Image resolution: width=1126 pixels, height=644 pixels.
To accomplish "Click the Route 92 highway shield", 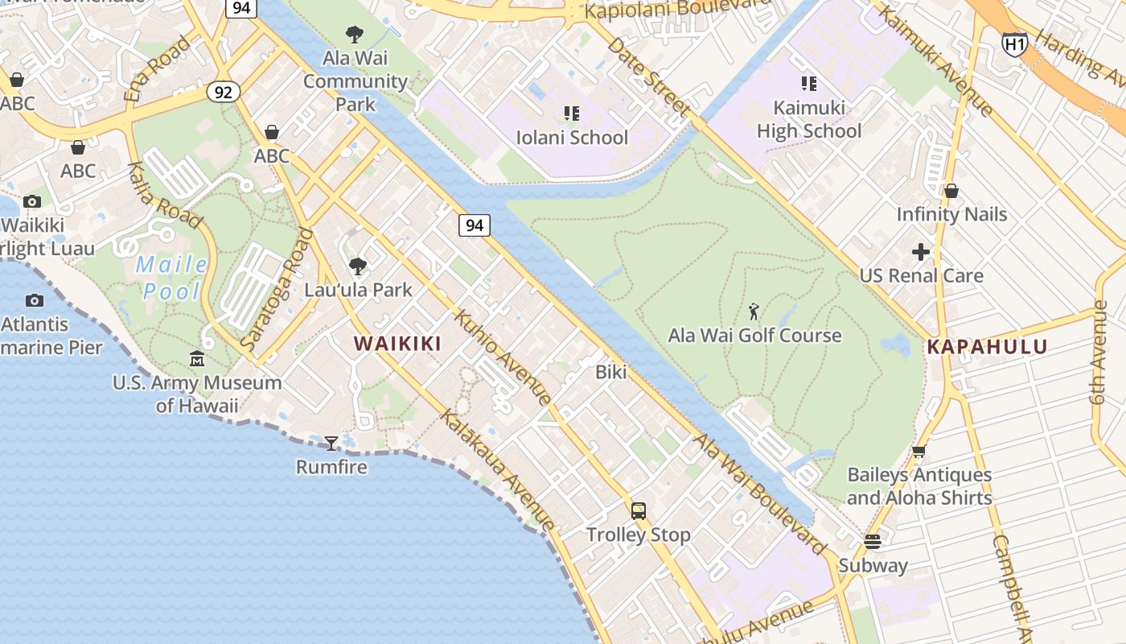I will pyautogui.click(x=223, y=92).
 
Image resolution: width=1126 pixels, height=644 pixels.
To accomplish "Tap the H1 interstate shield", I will pyautogui.click(x=1014, y=43).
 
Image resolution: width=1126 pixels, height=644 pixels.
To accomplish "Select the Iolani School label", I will pyautogui.click(x=572, y=138).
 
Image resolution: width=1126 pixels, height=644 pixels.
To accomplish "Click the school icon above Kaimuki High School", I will pyautogui.click(x=808, y=83).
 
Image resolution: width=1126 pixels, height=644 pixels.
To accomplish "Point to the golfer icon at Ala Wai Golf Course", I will pyautogui.click(x=754, y=312).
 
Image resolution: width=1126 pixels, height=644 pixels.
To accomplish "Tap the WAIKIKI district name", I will pyautogui.click(x=397, y=344).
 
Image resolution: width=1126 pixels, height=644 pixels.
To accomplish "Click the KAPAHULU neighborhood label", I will pyautogui.click(x=987, y=347).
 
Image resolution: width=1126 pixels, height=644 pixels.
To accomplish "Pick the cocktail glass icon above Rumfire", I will pyautogui.click(x=331, y=443).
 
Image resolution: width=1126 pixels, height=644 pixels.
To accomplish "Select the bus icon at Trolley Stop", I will pyautogui.click(x=638, y=510).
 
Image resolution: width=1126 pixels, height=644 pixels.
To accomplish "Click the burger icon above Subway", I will pyautogui.click(x=873, y=541).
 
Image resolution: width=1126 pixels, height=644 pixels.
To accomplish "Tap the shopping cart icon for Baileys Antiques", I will pyautogui.click(x=918, y=452).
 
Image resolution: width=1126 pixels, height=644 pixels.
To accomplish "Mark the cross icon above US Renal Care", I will pyautogui.click(x=921, y=253).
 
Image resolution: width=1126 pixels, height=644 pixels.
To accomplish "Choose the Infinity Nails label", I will pyautogui.click(x=951, y=214).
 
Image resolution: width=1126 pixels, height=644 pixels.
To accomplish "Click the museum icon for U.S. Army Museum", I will pyautogui.click(x=197, y=358).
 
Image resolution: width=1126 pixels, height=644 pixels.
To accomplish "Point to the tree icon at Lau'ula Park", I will pyautogui.click(x=357, y=266).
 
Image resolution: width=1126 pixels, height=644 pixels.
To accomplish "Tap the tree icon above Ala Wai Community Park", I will pyautogui.click(x=354, y=35).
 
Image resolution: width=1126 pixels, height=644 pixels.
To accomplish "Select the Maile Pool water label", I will pyautogui.click(x=171, y=278).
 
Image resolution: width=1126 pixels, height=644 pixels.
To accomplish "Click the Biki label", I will pyautogui.click(x=610, y=372).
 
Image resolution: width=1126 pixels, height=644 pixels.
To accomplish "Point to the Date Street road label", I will pyautogui.click(x=647, y=77).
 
